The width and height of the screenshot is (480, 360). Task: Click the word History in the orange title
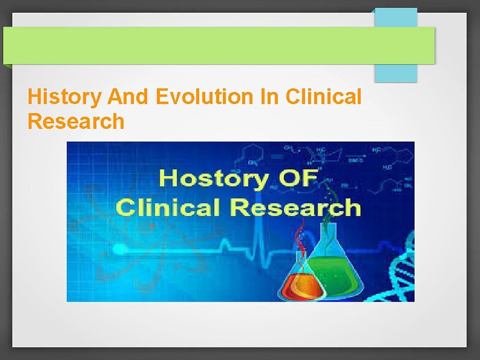pyautogui.click(x=63, y=97)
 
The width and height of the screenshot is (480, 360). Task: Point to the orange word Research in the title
pyautogui.click(x=75, y=121)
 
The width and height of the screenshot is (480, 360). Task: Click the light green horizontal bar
pyautogui.click(x=218, y=45)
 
